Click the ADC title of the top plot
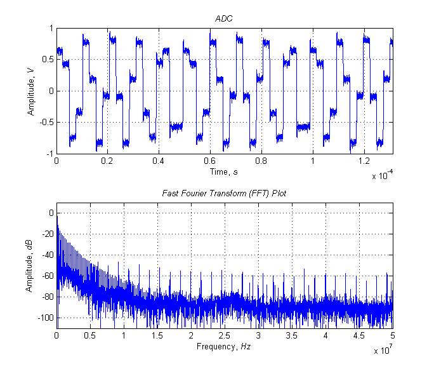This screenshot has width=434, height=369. [225, 19]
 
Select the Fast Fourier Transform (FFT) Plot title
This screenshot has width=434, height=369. [225, 193]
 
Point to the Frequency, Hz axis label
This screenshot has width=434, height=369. [225, 346]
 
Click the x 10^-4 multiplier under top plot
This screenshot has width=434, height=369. [383, 176]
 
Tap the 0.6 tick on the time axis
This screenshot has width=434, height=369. [210, 161]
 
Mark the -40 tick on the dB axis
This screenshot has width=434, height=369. [46, 255]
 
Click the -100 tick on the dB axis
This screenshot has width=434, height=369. [44, 317]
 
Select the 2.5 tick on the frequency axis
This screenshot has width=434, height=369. [225, 335]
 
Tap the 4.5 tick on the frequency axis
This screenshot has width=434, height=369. [359, 335]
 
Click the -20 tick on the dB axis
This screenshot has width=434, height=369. [46, 234]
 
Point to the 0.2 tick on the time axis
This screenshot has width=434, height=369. [107, 161]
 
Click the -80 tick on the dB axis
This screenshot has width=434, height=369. [46, 297]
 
